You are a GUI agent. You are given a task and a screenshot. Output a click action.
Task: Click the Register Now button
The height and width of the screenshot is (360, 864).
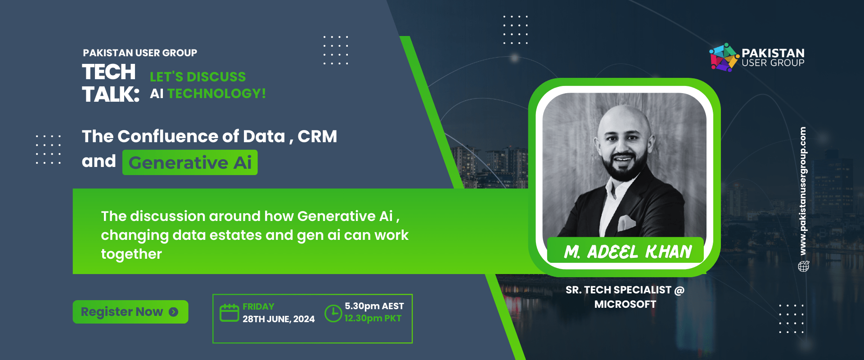pos(130,312)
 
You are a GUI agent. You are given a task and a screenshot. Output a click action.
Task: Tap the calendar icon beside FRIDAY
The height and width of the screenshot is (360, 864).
pos(229,312)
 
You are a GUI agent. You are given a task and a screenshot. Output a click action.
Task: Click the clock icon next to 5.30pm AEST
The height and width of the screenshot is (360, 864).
pos(333,313)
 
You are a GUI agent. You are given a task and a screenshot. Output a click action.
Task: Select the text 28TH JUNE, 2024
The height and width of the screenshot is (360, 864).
pos(279,319)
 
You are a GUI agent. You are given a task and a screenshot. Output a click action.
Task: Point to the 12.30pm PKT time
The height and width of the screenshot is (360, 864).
pos(373,318)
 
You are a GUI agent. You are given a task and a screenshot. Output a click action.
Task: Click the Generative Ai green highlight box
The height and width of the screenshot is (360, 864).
pos(190,162)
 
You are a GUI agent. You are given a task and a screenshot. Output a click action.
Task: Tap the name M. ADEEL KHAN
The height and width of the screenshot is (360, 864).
pos(628,252)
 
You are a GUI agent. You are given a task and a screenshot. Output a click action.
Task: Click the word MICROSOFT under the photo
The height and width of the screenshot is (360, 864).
pos(625,304)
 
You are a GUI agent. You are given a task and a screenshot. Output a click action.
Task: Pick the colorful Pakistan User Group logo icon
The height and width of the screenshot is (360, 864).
pos(724,57)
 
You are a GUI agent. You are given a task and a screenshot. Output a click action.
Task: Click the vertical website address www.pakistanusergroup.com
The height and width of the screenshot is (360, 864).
pos(803,191)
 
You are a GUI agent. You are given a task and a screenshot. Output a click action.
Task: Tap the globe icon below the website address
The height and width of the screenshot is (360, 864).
pos(804,266)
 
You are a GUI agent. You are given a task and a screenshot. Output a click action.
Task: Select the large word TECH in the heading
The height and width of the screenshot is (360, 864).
pos(109,72)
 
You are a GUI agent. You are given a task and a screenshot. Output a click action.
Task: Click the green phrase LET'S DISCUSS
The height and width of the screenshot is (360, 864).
pos(198,77)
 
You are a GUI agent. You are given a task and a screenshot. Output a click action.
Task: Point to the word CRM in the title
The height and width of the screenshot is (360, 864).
pos(317,136)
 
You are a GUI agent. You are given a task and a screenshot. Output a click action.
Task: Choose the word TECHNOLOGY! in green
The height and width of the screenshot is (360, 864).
pos(216,94)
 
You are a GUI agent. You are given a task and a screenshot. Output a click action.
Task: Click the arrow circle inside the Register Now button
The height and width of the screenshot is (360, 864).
pos(174,312)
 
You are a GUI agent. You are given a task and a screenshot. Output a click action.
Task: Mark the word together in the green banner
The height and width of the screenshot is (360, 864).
pos(131,254)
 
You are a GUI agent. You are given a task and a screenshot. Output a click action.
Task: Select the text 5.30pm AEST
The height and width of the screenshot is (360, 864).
pos(374,306)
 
